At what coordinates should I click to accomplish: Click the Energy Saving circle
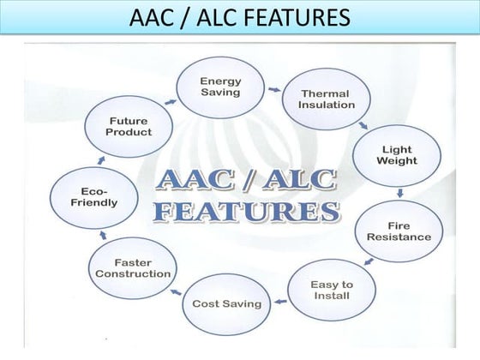coord(221,87)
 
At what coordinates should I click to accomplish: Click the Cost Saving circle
coord(226,303)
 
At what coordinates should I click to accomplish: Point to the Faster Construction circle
coord(132,267)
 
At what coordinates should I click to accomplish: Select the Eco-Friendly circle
coord(94,198)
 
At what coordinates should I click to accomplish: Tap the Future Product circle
coord(129,127)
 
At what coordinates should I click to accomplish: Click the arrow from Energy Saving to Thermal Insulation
coord(273,87)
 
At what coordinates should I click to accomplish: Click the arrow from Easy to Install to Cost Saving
coord(278,301)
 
